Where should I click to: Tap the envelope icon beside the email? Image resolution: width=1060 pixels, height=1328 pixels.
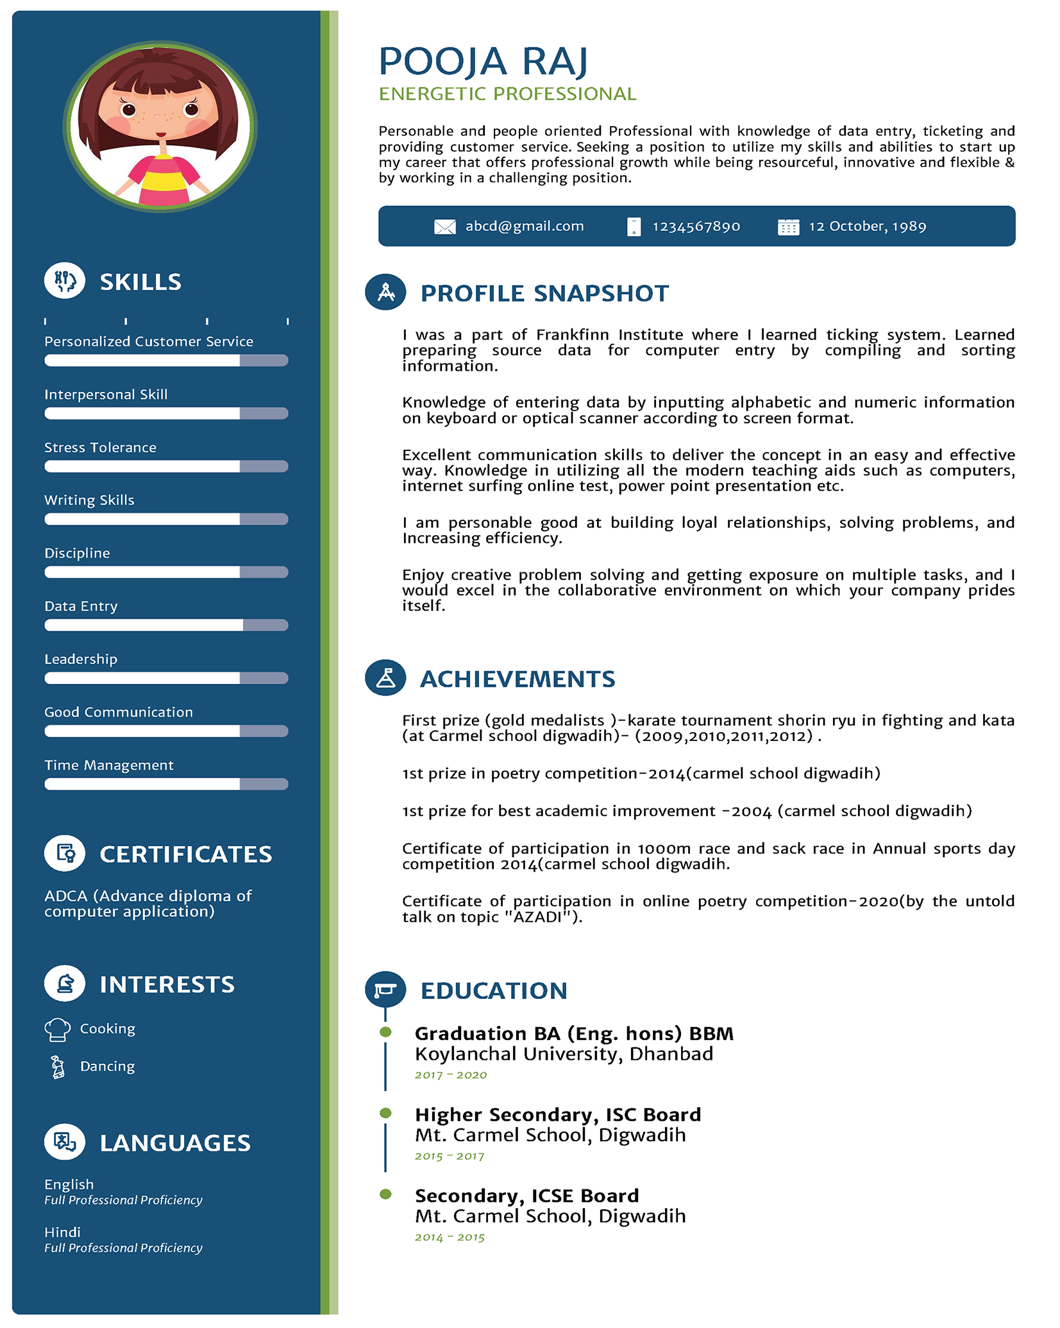coord(444,226)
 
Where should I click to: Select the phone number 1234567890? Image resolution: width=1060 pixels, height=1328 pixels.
coord(696,226)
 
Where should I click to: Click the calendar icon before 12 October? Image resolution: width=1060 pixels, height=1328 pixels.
coord(788,226)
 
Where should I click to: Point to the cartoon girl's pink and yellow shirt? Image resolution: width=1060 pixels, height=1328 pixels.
coord(164,179)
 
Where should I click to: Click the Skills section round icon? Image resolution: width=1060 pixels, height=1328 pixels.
coord(65,281)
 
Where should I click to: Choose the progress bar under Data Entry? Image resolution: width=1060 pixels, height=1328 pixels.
coord(166,625)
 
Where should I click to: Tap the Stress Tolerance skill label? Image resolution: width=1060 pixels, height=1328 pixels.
coord(100,447)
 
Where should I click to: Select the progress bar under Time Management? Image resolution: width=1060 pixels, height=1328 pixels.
coord(166,784)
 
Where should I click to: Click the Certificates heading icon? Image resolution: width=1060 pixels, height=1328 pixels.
coord(65,853)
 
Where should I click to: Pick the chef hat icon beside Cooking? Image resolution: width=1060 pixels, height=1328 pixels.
coord(57,1029)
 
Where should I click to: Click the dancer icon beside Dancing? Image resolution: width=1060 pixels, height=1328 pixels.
coord(58,1067)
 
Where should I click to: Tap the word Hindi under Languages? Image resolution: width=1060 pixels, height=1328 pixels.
coord(62,1232)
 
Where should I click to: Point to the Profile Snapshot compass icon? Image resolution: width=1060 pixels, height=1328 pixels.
coord(385,292)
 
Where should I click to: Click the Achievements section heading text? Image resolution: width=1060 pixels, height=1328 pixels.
coord(517,679)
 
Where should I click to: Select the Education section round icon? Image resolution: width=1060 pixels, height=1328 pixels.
coord(385,989)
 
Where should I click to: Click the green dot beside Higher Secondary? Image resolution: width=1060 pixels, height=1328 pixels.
coord(385,1113)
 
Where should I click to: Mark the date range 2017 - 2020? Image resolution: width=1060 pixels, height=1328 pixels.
coord(451,1075)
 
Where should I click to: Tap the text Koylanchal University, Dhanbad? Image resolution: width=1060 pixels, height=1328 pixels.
coord(564,1054)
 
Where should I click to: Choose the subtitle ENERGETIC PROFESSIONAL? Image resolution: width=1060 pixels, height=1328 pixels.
coord(507,94)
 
